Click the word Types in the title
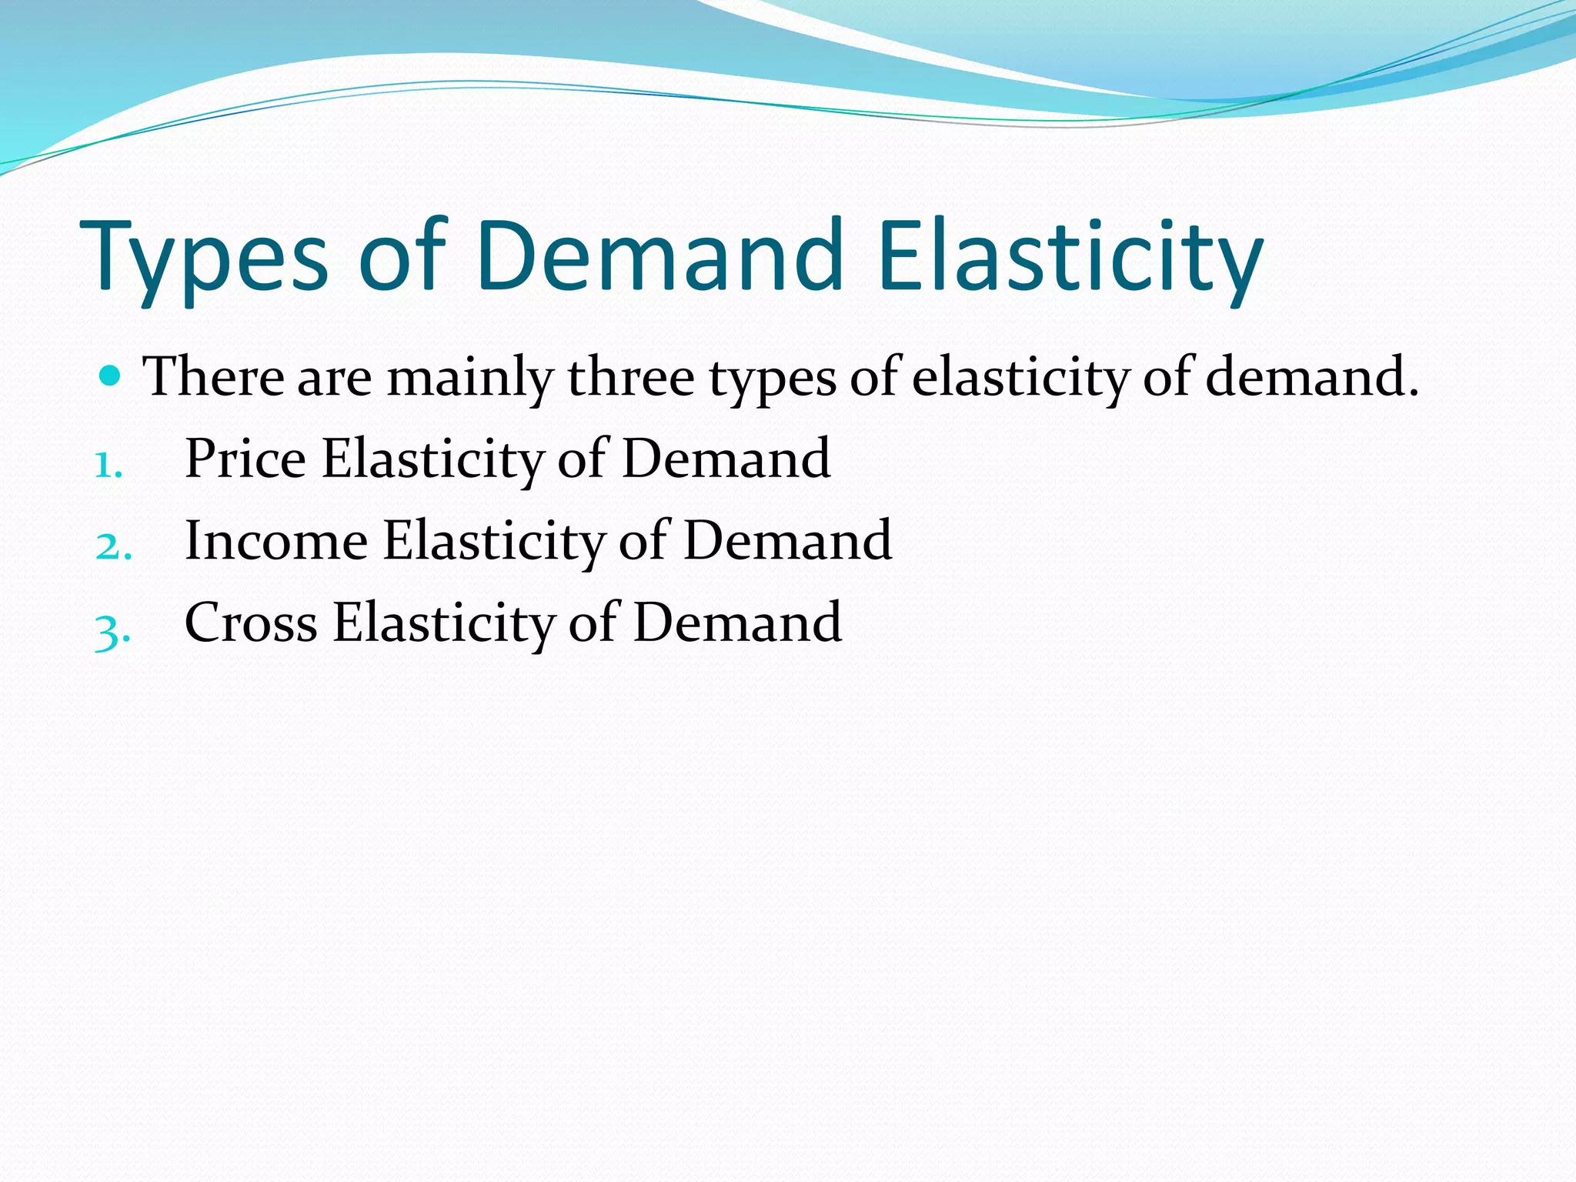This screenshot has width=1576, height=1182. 204,258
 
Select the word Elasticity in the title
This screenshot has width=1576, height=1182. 1070,258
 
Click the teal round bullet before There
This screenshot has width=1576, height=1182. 111,376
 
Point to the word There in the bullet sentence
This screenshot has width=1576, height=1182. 214,377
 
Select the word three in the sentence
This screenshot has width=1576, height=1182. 631,377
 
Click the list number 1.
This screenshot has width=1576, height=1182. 108,465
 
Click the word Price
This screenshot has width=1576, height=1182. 245,459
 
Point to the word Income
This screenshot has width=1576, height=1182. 276,540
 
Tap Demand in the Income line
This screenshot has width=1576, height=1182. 787,540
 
